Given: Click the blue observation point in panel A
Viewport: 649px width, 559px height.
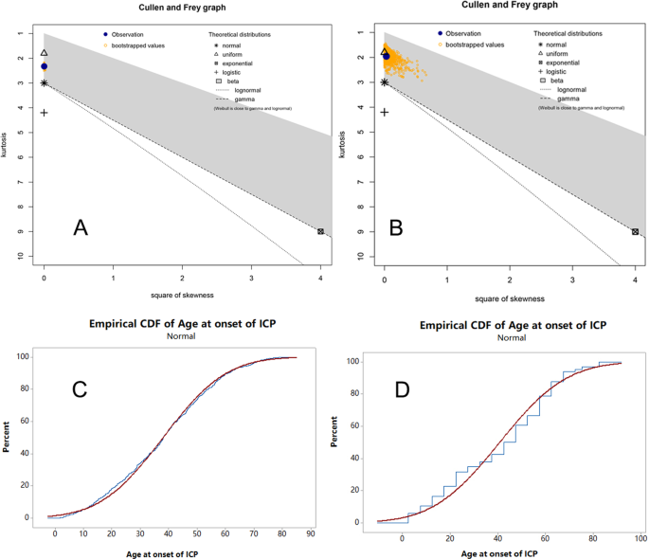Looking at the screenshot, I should (44, 66).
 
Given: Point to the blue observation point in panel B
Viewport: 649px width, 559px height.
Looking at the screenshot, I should (387, 57).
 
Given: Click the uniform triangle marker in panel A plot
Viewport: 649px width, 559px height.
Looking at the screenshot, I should (44, 54).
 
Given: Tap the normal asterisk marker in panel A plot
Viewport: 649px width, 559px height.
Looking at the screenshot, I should (44, 83).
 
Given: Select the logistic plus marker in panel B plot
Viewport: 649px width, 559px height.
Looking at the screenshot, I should (385, 112).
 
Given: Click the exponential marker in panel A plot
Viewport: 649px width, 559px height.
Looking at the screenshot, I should (320, 231).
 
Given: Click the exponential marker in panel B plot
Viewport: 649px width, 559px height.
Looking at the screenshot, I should (635, 231).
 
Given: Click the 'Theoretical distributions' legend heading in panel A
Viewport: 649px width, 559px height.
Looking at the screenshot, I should (240, 35).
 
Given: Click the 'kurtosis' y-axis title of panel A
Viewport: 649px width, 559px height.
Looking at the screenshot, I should (9, 146).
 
